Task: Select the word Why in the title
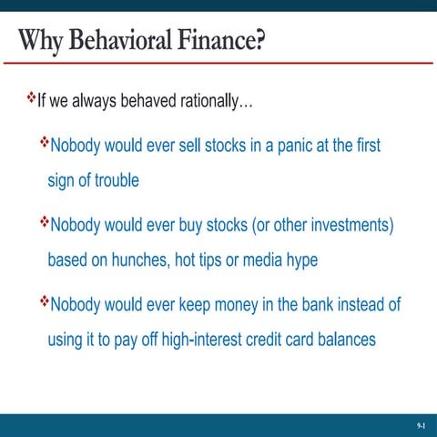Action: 40,42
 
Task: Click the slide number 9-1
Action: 421,425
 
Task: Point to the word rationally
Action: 216,100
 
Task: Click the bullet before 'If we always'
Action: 28,97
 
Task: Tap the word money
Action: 255,304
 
